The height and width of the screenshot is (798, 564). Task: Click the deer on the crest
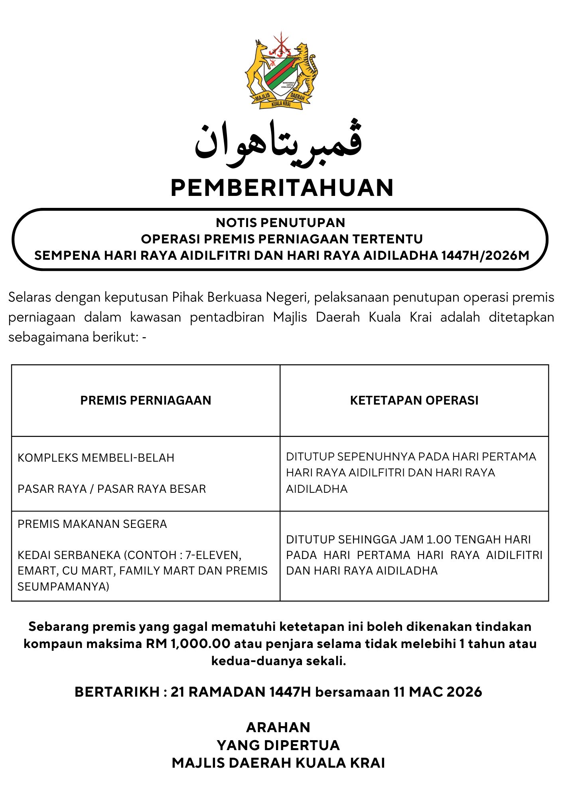256,68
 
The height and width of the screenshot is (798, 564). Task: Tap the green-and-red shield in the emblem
281,76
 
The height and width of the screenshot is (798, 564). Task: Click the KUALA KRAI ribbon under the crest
281,104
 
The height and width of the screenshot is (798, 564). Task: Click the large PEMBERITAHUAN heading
282,188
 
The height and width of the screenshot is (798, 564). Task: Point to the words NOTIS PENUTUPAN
280,223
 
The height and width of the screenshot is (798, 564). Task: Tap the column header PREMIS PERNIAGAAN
146,401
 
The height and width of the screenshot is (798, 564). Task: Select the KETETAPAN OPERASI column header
414,401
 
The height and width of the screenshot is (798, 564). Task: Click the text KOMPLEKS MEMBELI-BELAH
96,458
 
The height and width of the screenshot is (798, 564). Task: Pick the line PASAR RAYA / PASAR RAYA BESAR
112,489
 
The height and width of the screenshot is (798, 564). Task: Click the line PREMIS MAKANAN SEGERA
92,524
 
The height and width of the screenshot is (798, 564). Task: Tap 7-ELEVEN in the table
213,555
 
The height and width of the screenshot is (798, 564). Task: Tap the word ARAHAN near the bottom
278,727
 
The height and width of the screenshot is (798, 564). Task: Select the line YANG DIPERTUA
278,745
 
